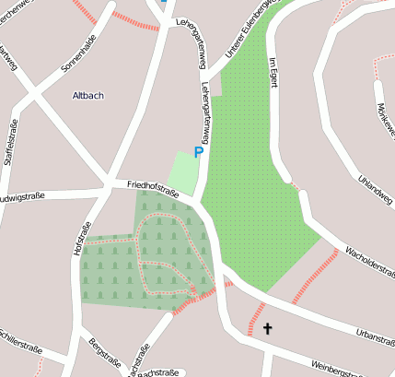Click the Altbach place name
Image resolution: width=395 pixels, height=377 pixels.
tap(88, 95)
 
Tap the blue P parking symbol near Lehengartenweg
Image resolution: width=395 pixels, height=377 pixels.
tap(197, 152)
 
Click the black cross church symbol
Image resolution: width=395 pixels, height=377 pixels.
tap(268, 328)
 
